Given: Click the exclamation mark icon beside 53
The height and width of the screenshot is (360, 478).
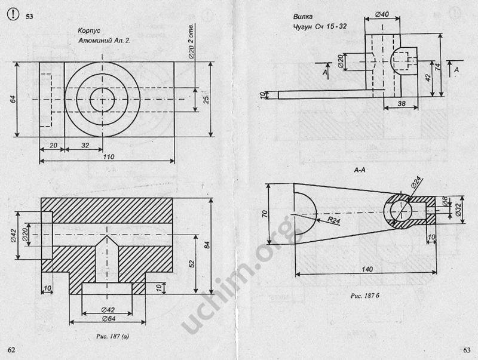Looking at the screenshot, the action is point(13,14).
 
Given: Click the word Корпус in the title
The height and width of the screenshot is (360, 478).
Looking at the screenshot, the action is point(89,30).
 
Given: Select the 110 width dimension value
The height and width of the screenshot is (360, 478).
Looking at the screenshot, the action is point(109,156).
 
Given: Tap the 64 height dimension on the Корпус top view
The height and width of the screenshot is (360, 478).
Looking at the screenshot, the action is point(13,99).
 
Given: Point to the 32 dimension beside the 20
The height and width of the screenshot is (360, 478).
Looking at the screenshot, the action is point(85,145).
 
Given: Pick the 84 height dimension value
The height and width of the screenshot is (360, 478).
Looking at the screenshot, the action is point(207,245).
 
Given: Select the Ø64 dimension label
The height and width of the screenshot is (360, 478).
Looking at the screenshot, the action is point(108,319).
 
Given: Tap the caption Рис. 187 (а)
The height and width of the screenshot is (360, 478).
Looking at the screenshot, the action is point(112,336).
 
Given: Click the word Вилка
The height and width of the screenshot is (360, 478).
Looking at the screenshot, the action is point(303,17).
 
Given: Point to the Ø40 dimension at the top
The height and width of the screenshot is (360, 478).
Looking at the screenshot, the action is point(382,14).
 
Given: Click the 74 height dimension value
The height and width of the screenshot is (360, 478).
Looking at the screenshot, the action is point(438,67).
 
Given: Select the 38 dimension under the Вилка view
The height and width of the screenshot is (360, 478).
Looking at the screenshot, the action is point(402,103).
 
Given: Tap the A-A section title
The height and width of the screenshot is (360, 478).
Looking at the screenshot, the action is point(360,170).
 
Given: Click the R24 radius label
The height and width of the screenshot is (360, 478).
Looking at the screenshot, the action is point(334,220).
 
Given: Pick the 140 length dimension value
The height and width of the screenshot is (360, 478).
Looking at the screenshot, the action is point(367,269).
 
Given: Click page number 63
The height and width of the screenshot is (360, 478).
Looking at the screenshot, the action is point(467,350).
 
